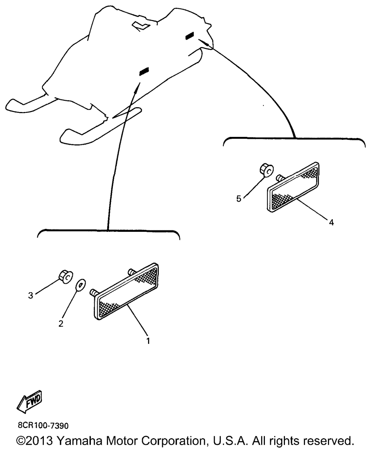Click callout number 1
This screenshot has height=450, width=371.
[148, 341]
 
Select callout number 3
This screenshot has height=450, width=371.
[31, 295]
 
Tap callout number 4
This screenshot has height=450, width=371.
[331, 223]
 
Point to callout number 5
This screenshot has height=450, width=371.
[239, 199]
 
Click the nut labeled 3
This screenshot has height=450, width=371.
[66, 276]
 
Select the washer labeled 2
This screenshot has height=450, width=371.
[80, 285]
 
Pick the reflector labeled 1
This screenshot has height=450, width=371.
[126, 291]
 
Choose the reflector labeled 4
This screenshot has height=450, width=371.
[293, 187]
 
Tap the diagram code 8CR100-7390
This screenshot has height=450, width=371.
[43, 426]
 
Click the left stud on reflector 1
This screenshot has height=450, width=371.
[94, 292]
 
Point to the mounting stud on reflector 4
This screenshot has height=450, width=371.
[280, 178]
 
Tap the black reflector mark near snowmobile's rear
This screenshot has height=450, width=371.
[190, 36]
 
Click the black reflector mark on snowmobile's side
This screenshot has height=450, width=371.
[144, 72]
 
